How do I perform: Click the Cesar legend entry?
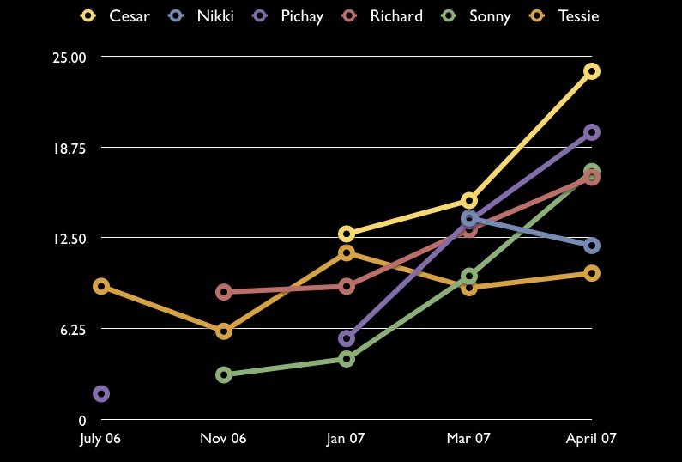pos(116,15)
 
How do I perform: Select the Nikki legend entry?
pos(202,15)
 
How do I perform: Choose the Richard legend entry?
pos(383,15)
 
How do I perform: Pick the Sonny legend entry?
pos(476,15)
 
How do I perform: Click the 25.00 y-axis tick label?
pos(70,58)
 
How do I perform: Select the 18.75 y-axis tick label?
pos(70,148)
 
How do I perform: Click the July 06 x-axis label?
pos(100,439)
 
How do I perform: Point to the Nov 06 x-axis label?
pos(223,439)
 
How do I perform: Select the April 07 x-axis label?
pos(591,439)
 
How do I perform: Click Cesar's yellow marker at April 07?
pos(592,71)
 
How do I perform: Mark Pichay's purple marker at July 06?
pos(100,394)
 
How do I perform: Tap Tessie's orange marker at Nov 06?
pos(224,331)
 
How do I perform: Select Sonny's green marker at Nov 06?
pos(224,374)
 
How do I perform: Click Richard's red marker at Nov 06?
pos(224,292)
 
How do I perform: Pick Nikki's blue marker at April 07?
pos(592,246)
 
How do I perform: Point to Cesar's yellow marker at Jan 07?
pos(347,234)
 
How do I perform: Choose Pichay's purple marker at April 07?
pos(592,132)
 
